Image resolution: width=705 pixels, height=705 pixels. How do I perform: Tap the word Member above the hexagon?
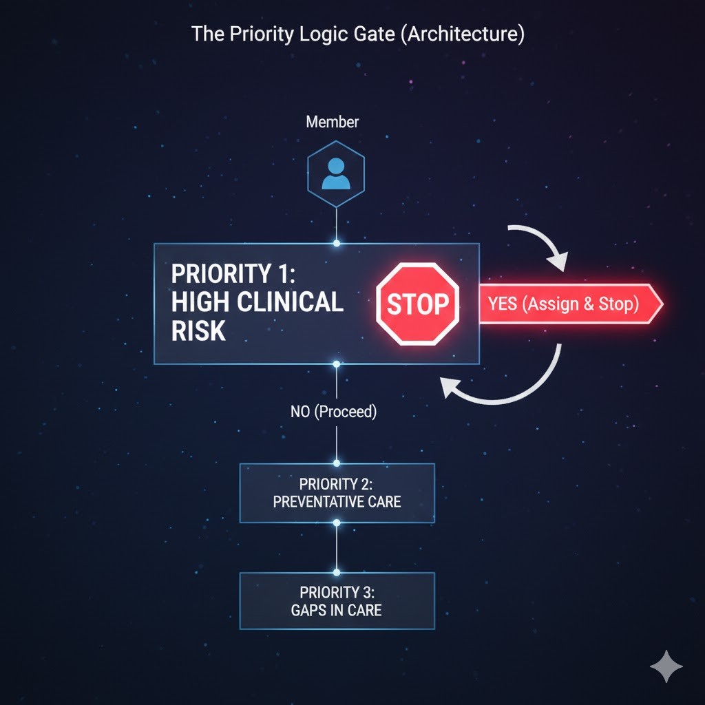point(333,122)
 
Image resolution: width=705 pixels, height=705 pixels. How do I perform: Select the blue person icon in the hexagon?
point(337,174)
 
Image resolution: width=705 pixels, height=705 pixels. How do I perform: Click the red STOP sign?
point(417,304)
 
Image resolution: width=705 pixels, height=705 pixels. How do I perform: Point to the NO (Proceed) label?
point(334,412)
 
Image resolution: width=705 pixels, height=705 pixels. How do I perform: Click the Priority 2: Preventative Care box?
point(337,492)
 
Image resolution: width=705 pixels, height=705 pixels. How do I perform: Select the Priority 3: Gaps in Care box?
point(337,600)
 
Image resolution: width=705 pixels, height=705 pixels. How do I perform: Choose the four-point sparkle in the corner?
point(666,666)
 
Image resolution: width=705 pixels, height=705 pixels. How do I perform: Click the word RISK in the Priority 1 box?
point(199,331)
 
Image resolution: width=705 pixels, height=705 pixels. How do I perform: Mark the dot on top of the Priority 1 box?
point(337,243)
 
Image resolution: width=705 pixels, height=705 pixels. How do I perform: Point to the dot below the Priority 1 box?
point(337,364)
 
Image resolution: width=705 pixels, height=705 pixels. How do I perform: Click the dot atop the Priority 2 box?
point(337,463)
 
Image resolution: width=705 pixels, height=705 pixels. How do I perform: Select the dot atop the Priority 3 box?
point(337,571)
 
